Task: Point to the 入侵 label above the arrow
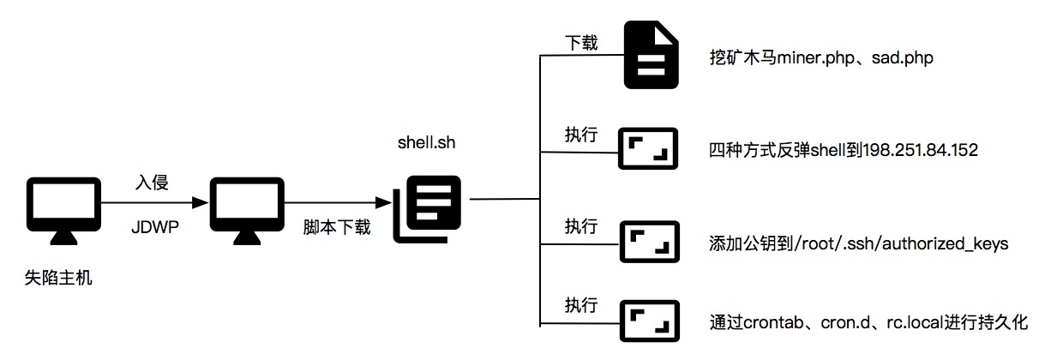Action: point(152,183)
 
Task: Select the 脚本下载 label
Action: point(337,229)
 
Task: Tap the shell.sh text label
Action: point(426,142)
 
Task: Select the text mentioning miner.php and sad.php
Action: point(821,59)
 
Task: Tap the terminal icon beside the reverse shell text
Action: point(648,151)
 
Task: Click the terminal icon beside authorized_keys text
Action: point(648,243)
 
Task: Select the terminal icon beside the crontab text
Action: point(648,321)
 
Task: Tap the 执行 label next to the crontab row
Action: point(580,306)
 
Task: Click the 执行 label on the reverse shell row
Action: point(580,135)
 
